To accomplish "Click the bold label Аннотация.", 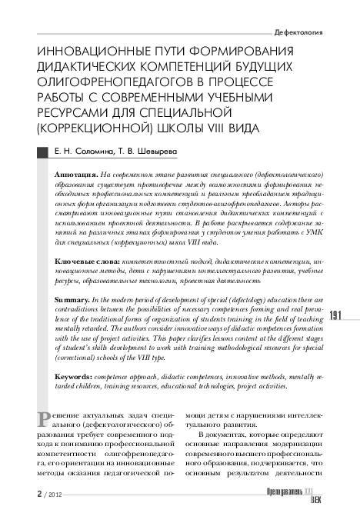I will click(75, 175).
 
